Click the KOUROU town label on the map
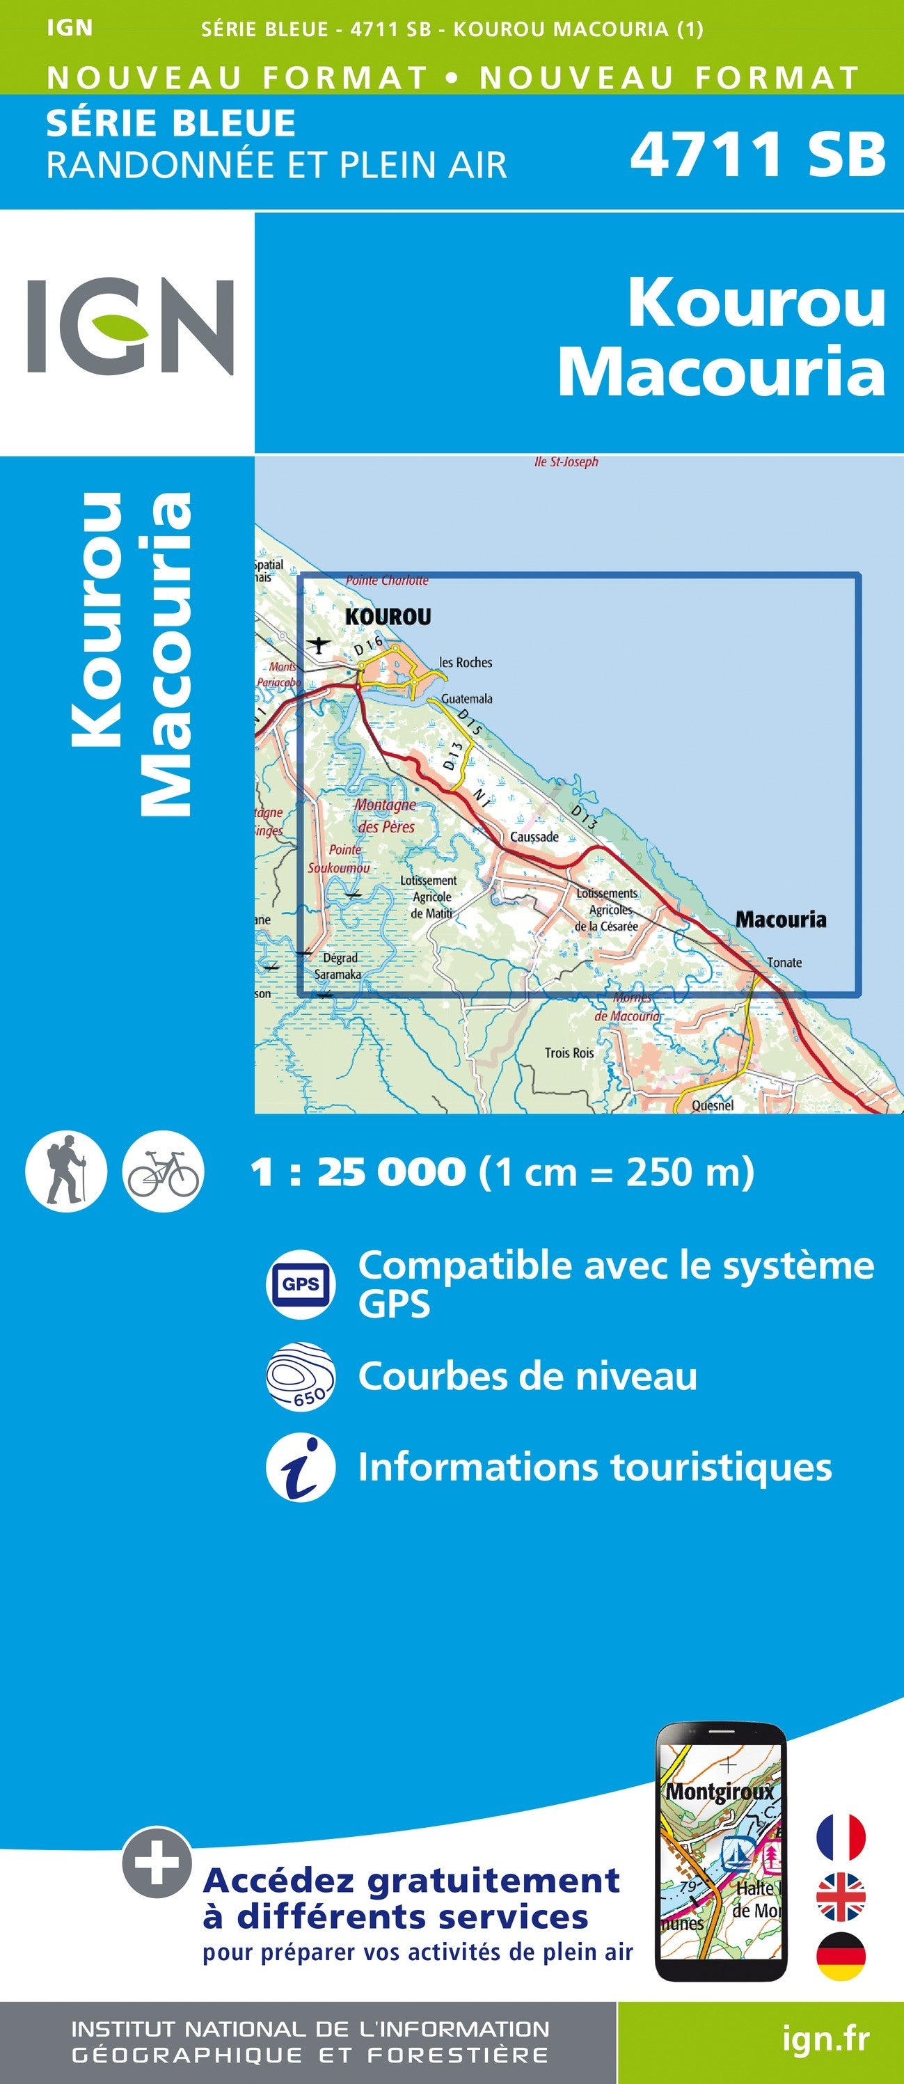(x=388, y=617)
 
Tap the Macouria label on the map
(x=780, y=919)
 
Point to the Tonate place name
(x=784, y=963)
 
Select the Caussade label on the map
(x=534, y=837)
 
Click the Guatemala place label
(x=466, y=698)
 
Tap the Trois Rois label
(x=569, y=1052)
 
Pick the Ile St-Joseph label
(x=566, y=462)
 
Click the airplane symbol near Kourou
(x=320, y=645)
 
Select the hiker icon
(x=65, y=1171)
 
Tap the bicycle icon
(x=164, y=1171)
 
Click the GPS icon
(x=301, y=1284)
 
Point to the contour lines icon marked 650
(x=301, y=1376)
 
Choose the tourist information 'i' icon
(x=301, y=1469)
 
